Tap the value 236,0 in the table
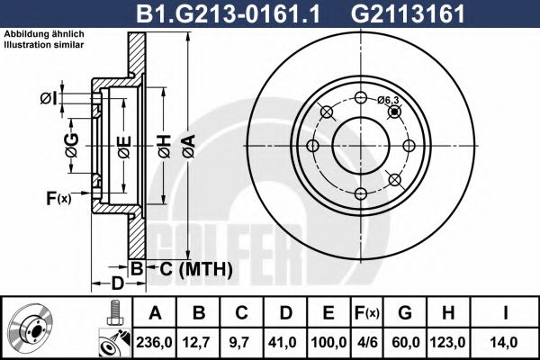155,342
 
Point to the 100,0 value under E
329,342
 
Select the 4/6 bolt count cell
366,342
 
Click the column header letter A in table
155,313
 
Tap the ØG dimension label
72,143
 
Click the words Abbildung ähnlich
44,34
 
